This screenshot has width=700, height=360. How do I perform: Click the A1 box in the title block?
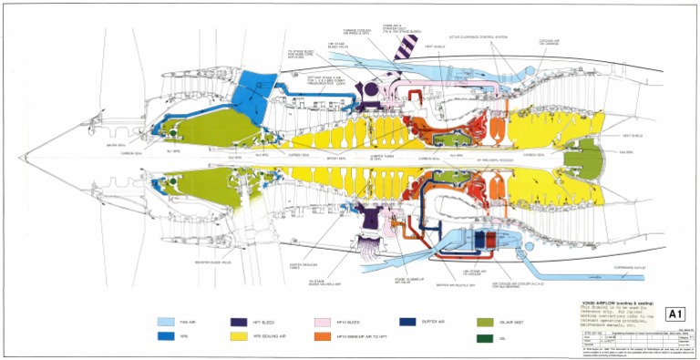[676, 314]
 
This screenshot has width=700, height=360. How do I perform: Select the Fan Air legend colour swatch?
[168, 322]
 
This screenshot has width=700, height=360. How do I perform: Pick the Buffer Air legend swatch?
[407, 322]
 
